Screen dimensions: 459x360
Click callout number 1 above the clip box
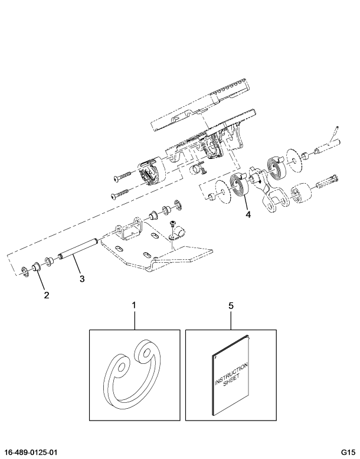134,305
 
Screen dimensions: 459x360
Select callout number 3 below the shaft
82,278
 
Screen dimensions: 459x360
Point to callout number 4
248,215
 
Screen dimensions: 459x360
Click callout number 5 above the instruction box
231,305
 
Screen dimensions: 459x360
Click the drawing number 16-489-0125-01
31,452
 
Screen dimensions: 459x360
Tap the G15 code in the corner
348,452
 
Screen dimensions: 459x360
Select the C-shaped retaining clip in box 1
130,375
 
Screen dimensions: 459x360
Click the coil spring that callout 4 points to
238,188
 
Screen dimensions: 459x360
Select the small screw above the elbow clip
172,224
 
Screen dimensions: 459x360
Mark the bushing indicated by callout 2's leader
37,267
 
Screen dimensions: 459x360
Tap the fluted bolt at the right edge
328,182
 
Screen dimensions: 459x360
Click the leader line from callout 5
231,320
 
